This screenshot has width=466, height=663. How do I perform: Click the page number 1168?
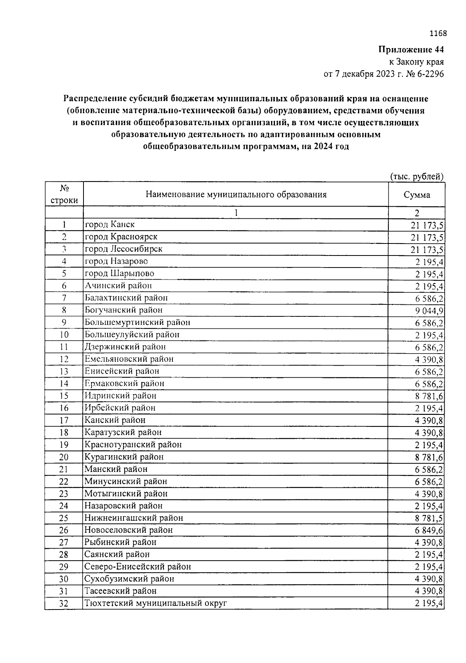click(438, 33)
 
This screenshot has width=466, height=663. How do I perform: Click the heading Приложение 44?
click(411, 50)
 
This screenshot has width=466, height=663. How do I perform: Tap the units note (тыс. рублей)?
click(417, 177)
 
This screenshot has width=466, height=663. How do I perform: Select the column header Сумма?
click(417, 195)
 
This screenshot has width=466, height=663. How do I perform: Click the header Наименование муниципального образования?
click(236, 195)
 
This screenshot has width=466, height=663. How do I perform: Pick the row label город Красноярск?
click(121, 237)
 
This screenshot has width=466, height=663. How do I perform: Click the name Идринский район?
click(120, 396)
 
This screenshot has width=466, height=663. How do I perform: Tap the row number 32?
click(64, 604)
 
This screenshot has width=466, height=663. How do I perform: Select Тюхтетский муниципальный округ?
click(155, 603)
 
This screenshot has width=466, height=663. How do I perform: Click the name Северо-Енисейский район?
click(138, 567)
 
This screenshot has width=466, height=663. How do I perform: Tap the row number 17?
click(64, 420)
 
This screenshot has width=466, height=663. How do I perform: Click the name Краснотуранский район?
click(133, 445)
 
